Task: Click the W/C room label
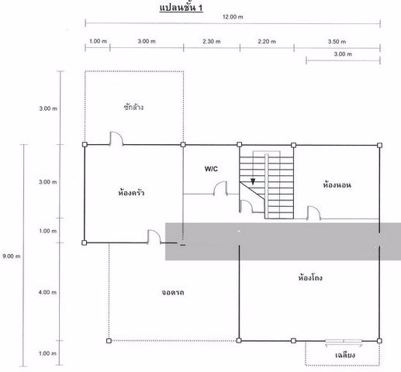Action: pyautogui.click(x=212, y=168)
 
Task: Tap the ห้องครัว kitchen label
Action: pyautogui.click(x=132, y=191)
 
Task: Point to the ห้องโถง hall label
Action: pyautogui.click(x=311, y=276)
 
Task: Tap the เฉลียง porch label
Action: pyautogui.click(x=345, y=355)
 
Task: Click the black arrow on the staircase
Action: pyautogui.click(x=252, y=182)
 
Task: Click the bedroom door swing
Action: pyautogui.click(x=313, y=212)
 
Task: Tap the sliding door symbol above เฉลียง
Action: pyautogui.click(x=343, y=340)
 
